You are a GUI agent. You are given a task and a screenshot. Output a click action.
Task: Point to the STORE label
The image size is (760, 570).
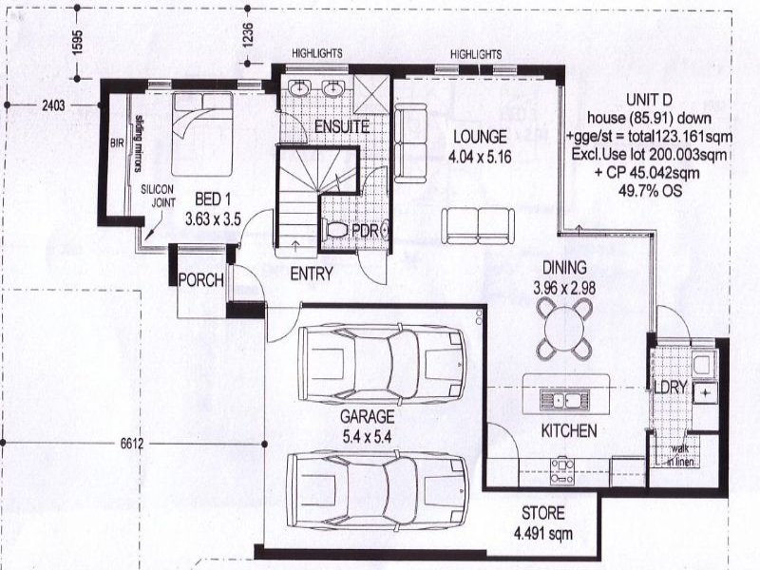pos(542,512)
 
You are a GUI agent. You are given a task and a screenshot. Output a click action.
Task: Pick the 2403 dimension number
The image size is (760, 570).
pos(53,106)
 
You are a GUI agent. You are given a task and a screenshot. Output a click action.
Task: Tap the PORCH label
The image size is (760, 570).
pos(200,280)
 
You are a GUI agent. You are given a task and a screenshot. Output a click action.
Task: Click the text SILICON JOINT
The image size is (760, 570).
pos(157,196)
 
